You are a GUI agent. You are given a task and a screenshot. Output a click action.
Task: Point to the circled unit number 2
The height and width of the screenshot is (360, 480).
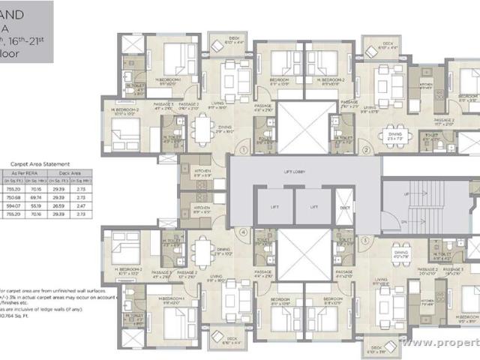[x=365, y=149]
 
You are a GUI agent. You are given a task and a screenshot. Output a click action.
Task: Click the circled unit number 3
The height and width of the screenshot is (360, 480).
[x=365, y=240]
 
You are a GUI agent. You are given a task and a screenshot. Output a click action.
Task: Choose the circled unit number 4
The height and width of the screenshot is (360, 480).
[x=243, y=232]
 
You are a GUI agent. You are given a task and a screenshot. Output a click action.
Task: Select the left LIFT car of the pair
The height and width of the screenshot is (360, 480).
[x=274, y=207]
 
